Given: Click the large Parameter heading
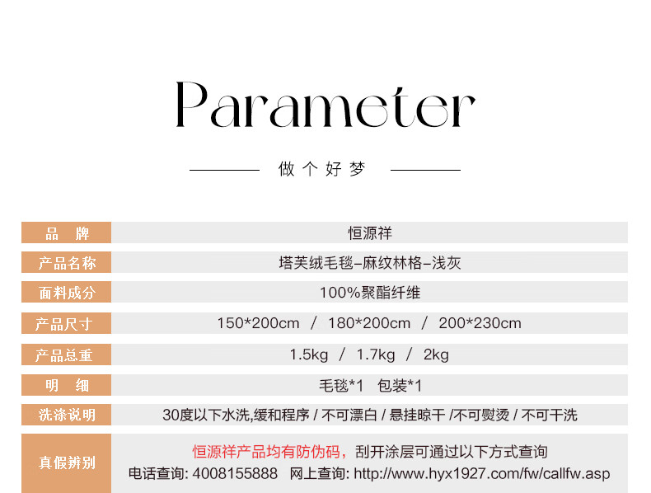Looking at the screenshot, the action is [x=325, y=105].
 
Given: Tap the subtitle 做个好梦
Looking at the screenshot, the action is [x=321, y=169].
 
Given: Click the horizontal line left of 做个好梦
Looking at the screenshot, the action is [x=225, y=170].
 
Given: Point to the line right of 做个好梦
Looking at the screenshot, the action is [x=425, y=170].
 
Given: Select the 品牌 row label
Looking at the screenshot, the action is [x=67, y=233].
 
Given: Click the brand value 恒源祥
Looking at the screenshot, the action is [x=370, y=233].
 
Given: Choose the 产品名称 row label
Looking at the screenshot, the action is [x=67, y=263].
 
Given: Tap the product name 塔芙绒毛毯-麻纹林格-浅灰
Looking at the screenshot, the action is [x=370, y=263].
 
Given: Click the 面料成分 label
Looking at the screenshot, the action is [x=67, y=293].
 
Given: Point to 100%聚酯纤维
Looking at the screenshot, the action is [x=370, y=293].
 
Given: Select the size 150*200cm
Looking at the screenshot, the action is [x=258, y=323].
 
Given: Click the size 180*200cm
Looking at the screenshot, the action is [x=369, y=323].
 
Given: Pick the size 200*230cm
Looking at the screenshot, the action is [x=480, y=323].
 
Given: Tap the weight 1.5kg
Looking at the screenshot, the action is [x=309, y=354].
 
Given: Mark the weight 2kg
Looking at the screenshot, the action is [x=436, y=354].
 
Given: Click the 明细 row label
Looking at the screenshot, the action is [x=67, y=385].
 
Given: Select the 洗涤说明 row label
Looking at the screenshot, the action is [x=67, y=415].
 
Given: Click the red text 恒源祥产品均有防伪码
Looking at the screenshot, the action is [x=266, y=452].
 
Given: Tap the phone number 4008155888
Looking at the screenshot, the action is [x=235, y=473].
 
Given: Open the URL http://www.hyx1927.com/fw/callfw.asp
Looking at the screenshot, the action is [x=482, y=473].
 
